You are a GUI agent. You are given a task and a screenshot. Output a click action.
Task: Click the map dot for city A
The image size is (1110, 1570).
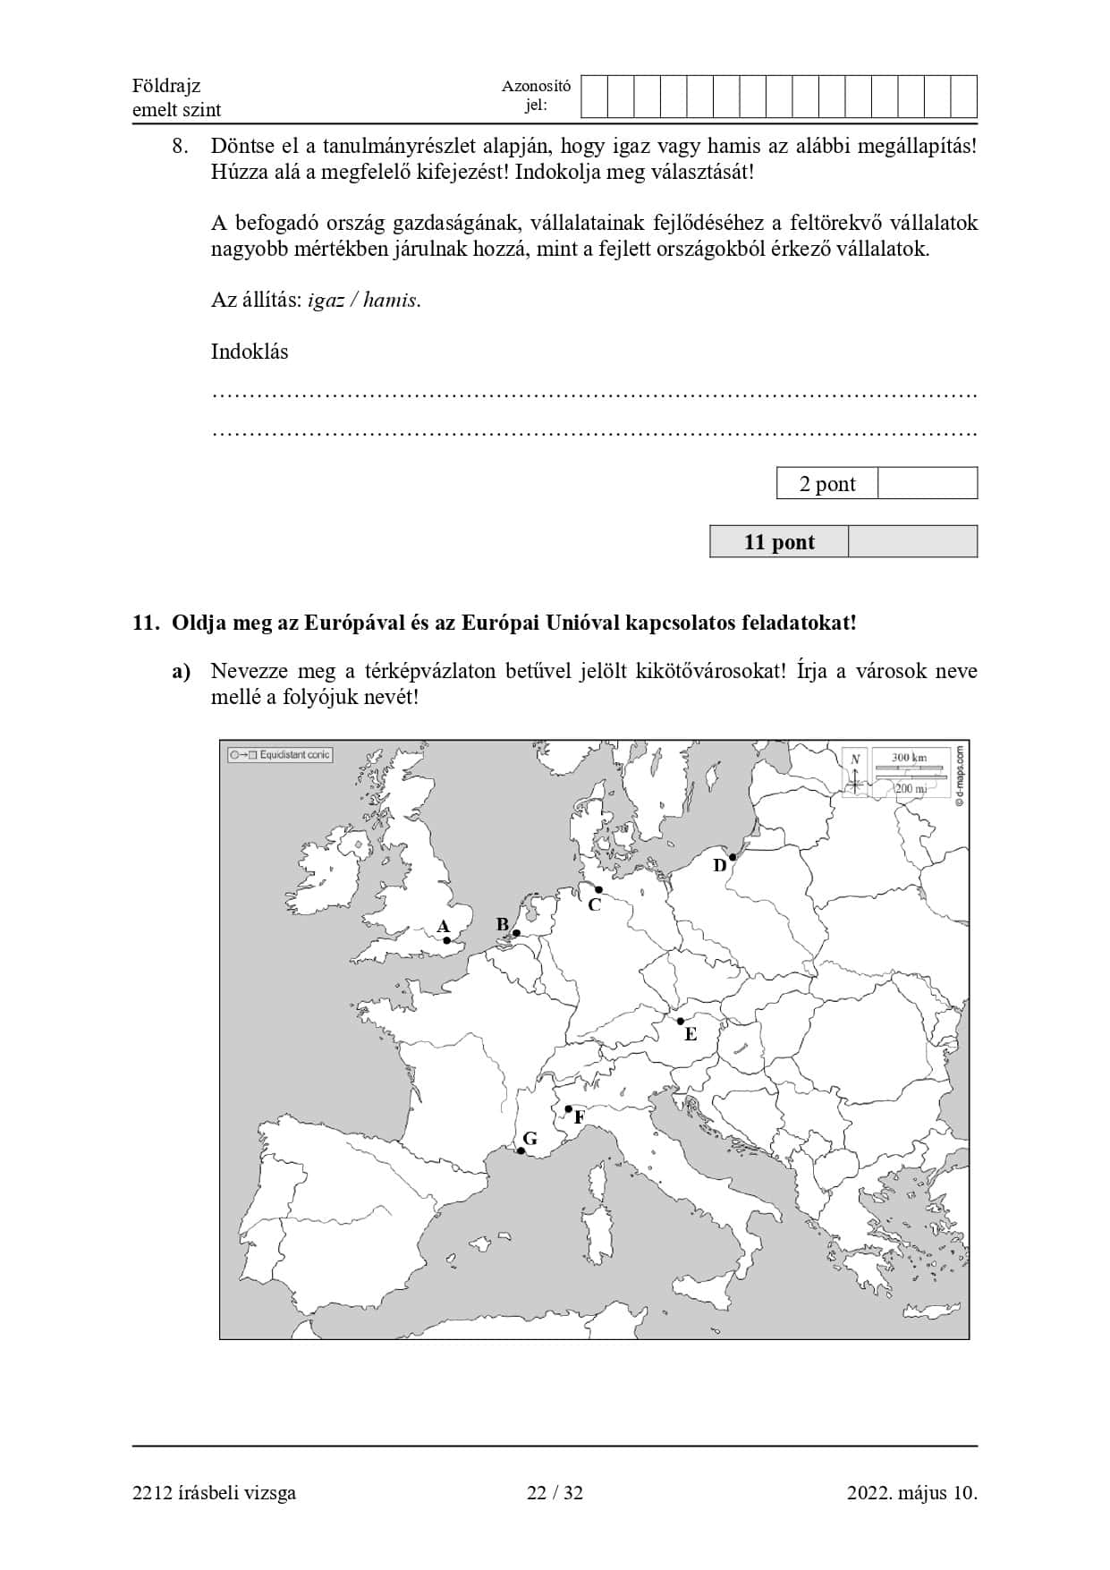(447, 940)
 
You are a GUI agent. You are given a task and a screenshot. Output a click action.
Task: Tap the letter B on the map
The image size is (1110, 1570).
(503, 924)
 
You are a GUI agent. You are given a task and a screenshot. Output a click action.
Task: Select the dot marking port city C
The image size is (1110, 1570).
(598, 889)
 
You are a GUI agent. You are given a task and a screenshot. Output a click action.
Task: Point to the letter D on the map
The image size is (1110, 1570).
(719, 865)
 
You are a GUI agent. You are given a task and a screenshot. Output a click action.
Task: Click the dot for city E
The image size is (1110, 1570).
(681, 1021)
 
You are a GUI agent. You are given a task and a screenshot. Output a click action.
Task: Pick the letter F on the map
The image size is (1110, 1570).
(580, 1117)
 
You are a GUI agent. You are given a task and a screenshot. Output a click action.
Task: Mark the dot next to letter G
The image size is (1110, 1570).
(521, 1150)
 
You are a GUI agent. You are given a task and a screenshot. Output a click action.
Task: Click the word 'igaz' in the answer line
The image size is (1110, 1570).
(326, 301)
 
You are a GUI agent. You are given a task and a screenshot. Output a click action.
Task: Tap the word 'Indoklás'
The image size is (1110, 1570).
(250, 352)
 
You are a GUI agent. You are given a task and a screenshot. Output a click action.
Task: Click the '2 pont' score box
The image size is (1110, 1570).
(827, 484)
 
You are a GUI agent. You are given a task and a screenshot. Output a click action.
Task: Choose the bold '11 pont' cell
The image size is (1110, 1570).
(779, 542)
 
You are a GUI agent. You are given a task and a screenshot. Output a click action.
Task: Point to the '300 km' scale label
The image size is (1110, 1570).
(909, 758)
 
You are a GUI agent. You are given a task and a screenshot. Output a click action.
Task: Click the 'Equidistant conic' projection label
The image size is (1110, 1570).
(281, 755)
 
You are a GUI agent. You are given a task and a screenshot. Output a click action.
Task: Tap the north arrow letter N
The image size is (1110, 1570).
(855, 760)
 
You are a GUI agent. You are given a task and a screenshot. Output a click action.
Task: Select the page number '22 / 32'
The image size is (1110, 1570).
(555, 1492)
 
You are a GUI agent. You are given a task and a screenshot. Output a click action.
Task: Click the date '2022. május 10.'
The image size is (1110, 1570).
(911, 1492)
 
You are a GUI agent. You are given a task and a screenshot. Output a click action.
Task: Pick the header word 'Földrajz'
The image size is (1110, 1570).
(166, 86)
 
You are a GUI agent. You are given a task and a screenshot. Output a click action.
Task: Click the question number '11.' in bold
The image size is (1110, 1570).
(145, 623)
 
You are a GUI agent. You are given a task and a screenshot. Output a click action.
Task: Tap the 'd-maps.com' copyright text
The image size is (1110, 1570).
(959, 777)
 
